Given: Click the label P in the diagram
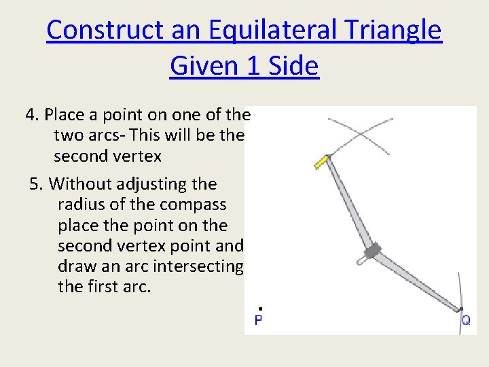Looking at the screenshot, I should [x=259, y=320].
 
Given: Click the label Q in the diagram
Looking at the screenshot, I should [x=465, y=320].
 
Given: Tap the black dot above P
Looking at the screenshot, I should [x=260, y=309].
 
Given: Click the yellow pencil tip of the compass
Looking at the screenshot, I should [x=320, y=162].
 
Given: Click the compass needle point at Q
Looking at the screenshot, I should [x=460, y=310].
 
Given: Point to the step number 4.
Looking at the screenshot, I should [x=31, y=115].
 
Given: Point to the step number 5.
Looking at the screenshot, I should [x=35, y=183].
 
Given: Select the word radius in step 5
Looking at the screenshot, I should [x=80, y=205].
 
